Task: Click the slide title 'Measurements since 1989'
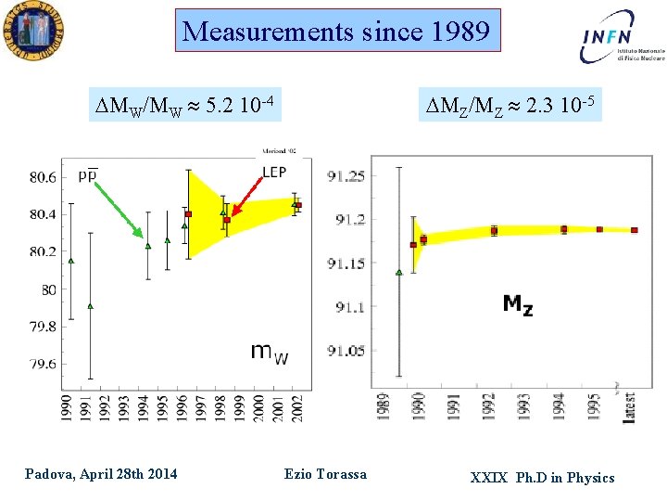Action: [x=337, y=32]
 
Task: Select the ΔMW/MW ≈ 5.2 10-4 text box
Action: [x=185, y=104]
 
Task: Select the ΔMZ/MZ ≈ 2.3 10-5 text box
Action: [x=508, y=104]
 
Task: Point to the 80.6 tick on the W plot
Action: [x=42, y=176]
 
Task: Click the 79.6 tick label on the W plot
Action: [x=42, y=365]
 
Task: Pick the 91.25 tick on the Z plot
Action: [x=346, y=176]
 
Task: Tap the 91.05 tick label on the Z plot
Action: [x=346, y=350]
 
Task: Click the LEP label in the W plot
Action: [x=274, y=173]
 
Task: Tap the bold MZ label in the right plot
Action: [x=518, y=303]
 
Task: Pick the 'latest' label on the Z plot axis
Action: [x=630, y=407]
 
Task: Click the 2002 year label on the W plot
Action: [x=298, y=406]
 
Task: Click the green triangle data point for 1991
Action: [x=90, y=305]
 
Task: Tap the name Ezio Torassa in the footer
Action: [x=325, y=474]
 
